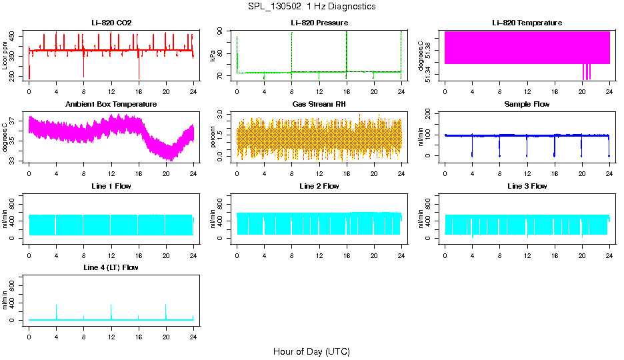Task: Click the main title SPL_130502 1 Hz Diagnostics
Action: click(x=311, y=7)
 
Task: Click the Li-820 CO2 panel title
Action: click(x=111, y=23)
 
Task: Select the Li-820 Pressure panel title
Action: click(x=319, y=23)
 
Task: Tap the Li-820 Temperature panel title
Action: click(x=527, y=23)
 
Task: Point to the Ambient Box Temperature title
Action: click(x=111, y=105)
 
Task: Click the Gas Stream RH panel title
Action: click(x=319, y=105)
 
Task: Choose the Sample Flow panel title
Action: click(x=527, y=105)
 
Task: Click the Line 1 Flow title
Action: click(x=111, y=186)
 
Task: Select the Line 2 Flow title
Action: click(x=319, y=186)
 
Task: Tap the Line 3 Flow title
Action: click(x=527, y=186)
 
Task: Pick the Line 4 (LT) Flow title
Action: click(x=111, y=267)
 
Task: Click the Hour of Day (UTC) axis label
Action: click(x=311, y=351)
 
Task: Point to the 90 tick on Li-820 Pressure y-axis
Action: click(x=223, y=32)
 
